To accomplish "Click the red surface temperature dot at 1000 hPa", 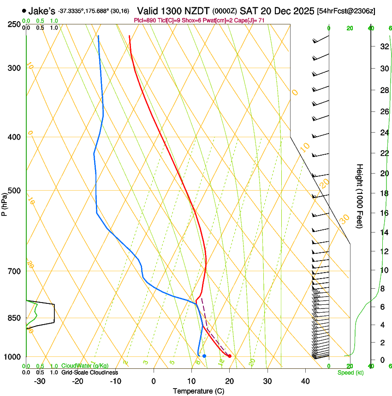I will [x=230, y=356].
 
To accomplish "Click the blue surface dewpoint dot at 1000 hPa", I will [x=204, y=356].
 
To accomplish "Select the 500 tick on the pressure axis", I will [x=14, y=191].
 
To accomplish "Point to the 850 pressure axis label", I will [x=14, y=318].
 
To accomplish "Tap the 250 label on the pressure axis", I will [x=14, y=24].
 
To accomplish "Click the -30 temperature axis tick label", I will [x=40, y=381].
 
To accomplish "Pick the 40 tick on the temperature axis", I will [x=305, y=381].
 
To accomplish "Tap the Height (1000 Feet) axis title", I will [x=360, y=196].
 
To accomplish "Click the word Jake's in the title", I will [x=42, y=11].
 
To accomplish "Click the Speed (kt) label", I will [x=350, y=372].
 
